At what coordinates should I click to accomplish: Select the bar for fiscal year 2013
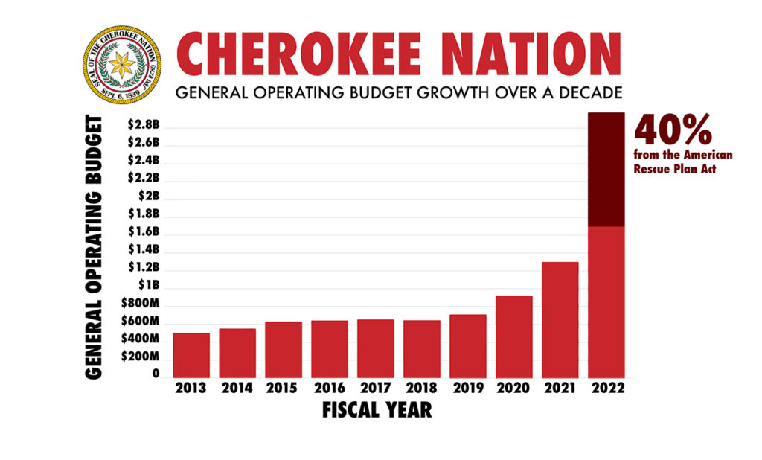(x=191, y=355)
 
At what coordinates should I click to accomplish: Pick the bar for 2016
(x=330, y=349)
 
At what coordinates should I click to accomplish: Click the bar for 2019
(x=468, y=346)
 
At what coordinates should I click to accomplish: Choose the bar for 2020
(x=514, y=336)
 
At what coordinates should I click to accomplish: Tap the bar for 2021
(x=560, y=320)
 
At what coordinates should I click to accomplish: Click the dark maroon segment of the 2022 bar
(x=606, y=170)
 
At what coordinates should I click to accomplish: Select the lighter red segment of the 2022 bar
(x=606, y=301)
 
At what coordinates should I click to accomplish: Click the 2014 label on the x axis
(x=237, y=388)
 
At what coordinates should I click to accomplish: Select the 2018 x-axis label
(x=422, y=388)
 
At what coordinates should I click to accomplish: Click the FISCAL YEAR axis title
(x=377, y=410)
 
